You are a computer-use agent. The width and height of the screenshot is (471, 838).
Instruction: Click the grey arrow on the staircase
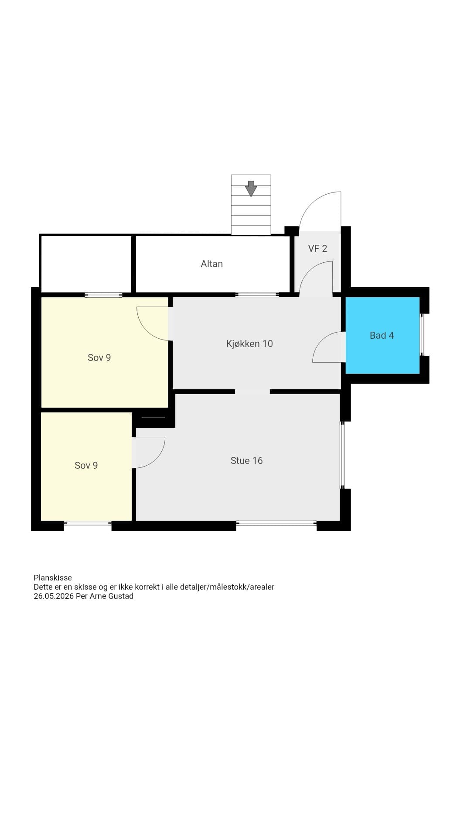tap(251, 189)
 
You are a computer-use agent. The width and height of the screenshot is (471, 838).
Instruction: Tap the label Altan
tap(212, 264)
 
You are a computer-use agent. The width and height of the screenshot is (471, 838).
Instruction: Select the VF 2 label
tap(317, 248)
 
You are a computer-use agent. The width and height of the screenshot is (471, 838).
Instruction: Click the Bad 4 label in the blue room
tap(382, 335)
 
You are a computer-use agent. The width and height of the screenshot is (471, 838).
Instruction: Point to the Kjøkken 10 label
tap(249, 343)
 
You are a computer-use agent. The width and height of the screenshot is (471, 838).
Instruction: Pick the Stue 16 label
tap(246, 460)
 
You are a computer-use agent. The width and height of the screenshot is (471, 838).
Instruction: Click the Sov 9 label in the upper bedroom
tap(99, 357)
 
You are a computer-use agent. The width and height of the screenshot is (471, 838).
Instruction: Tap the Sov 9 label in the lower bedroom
tap(86, 465)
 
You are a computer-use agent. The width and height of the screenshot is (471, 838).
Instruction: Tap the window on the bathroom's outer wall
tap(422, 335)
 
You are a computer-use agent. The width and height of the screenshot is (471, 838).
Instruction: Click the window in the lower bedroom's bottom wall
tap(88, 523)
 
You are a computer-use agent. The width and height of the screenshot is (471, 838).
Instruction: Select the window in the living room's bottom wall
tap(276, 523)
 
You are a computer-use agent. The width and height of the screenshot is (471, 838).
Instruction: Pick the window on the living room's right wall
tap(342, 455)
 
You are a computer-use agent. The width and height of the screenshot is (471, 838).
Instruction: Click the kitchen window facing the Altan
tap(257, 295)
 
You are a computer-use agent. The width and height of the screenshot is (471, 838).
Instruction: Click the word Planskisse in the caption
tap(53, 578)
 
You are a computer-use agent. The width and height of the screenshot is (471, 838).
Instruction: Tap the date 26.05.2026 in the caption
tap(54, 596)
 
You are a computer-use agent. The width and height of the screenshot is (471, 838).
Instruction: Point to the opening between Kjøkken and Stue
tap(253, 392)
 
